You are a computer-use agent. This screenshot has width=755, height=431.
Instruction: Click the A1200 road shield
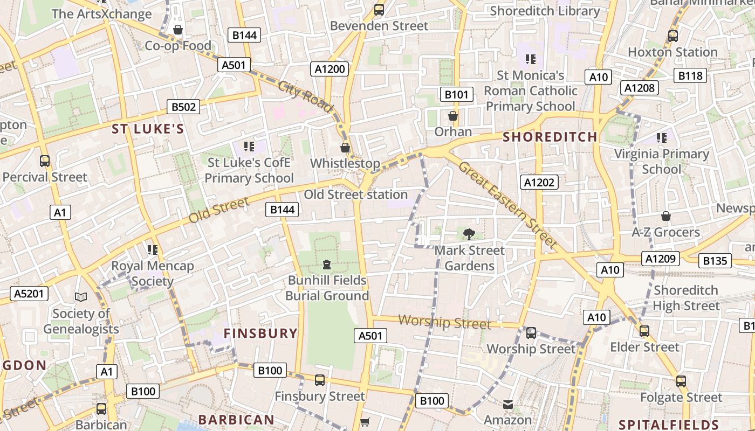pyautogui.click(x=330, y=68)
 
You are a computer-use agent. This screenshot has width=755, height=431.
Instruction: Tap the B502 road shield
pyautogui.click(x=183, y=107)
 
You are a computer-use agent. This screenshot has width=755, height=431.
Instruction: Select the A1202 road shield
pyautogui.click(x=539, y=182)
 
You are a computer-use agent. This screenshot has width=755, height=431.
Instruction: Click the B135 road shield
pyautogui.click(x=715, y=261)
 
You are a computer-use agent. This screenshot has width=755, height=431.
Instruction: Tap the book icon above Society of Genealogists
pyautogui.click(x=81, y=297)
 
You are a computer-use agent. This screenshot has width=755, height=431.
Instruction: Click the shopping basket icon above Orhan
pyautogui.click(x=453, y=116)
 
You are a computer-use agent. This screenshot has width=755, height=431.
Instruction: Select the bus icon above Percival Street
pyautogui.click(x=45, y=161)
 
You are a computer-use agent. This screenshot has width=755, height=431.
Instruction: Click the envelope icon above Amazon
pyautogui.click(x=508, y=404)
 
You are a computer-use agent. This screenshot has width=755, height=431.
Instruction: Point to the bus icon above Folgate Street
pyautogui.click(x=681, y=381)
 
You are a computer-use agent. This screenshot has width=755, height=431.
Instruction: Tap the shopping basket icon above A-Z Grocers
pyautogui.click(x=666, y=217)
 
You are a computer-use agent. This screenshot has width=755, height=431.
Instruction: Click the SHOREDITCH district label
pyautogui.click(x=550, y=137)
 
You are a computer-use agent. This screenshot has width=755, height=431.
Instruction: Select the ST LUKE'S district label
pyautogui.click(x=148, y=129)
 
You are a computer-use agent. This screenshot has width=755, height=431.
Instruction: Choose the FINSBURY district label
pyautogui.click(x=260, y=333)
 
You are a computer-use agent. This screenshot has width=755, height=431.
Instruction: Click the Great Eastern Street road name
pyautogui.click(x=507, y=205)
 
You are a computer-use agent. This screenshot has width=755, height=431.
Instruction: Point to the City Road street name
pyautogui.click(x=305, y=96)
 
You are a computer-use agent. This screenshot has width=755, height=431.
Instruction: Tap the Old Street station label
pyautogui.click(x=356, y=194)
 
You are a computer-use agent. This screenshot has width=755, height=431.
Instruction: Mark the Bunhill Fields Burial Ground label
pyautogui.click(x=327, y=288)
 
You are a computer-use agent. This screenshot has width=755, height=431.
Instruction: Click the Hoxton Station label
pyautogui.click(x=672, y=52)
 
